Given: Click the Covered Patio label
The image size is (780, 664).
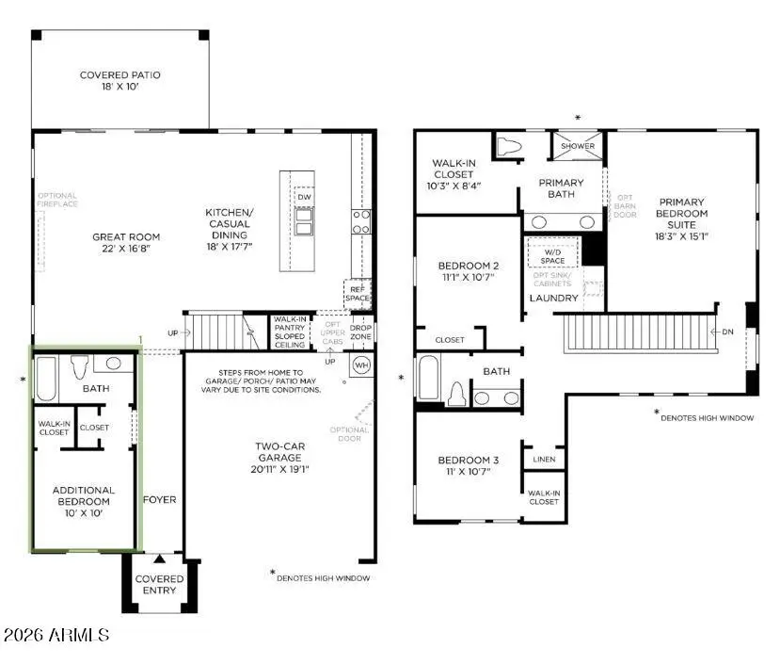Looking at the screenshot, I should coord(119,75).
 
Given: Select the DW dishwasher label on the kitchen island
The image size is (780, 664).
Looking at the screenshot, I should coord(303,197).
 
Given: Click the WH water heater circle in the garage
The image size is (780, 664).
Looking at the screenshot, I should coord(360,364).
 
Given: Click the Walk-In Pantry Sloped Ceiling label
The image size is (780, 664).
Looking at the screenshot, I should coord(291,331).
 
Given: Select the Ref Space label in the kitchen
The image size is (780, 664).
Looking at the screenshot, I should coord(358,293).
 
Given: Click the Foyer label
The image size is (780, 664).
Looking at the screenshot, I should coord(160,500).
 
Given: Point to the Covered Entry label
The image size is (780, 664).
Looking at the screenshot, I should coord(160,585).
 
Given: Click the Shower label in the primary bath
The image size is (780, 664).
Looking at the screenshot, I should coord(578,146).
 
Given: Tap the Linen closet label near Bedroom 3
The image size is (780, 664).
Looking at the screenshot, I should coord(544,460).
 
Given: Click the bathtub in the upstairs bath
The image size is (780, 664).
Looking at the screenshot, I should coord(426,380).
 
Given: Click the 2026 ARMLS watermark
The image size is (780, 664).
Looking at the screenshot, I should coord(56,636).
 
